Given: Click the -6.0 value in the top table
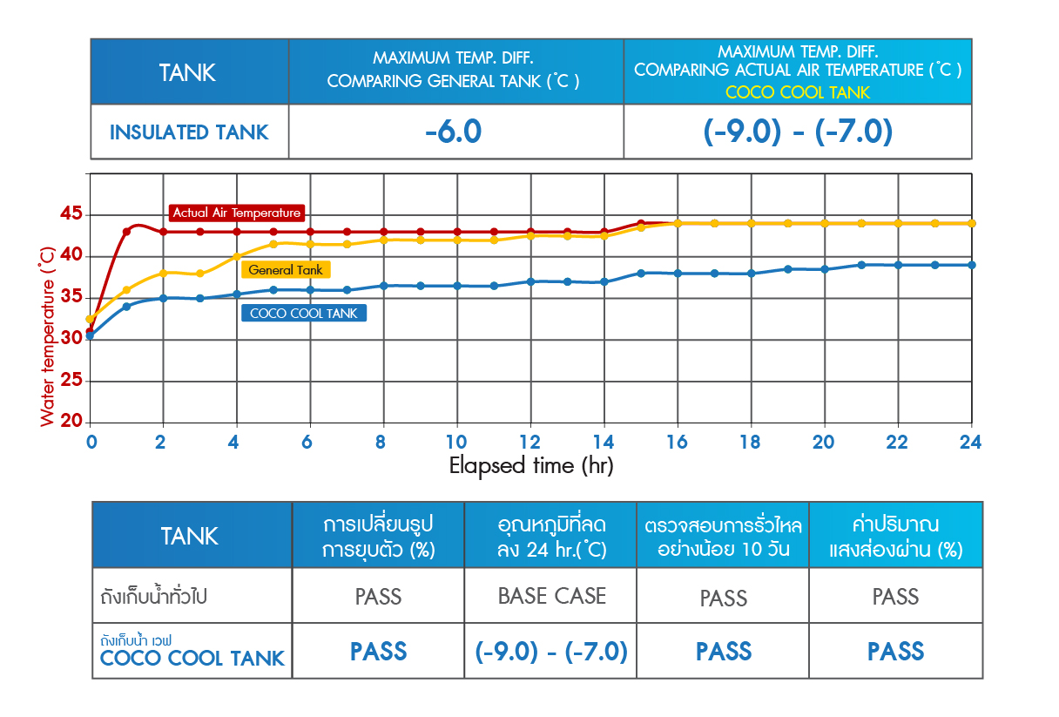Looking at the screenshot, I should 454,132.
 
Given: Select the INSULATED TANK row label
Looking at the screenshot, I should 189,133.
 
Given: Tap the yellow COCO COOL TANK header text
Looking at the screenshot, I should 798,92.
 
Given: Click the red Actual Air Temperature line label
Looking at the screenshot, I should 236,213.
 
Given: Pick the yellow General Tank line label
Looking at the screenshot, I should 285,270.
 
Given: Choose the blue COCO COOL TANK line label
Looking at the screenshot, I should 303,314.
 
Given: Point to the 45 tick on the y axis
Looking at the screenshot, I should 71,214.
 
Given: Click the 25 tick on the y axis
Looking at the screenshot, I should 71,381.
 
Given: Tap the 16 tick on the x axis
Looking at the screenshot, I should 677,442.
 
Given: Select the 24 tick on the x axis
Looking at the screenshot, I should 970,442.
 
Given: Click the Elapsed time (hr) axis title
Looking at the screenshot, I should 531,466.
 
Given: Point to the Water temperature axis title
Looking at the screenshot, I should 47,335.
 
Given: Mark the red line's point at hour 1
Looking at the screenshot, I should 126,232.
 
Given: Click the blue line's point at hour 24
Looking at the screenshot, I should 971,265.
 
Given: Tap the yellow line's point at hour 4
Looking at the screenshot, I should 236,256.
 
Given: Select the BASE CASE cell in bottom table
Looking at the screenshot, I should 551,597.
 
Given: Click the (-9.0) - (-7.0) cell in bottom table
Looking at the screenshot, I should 551,652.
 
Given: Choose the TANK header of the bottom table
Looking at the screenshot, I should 189,536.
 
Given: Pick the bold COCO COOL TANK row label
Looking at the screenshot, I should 192,659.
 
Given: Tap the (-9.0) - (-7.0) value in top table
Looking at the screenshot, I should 798,132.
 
